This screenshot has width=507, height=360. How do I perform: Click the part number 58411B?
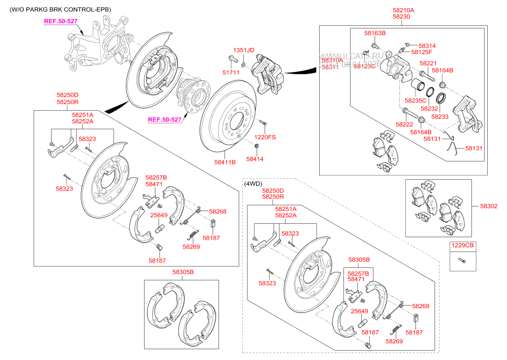click(225, 162)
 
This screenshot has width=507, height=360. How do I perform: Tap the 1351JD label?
click(243, 50)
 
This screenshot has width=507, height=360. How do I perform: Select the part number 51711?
click(231, 72)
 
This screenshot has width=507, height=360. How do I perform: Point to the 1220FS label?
click(265, 137)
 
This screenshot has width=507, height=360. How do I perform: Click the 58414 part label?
click(255, 159)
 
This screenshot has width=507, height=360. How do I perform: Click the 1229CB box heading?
click(462, 245)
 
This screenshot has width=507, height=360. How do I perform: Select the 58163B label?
click(375, 33)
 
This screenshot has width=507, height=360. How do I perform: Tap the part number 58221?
click(428, 63)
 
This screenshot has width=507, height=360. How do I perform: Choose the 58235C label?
click(415, 101)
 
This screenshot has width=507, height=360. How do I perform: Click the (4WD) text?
click(253, 183)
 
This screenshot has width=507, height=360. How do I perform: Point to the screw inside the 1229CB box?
click(462, 259)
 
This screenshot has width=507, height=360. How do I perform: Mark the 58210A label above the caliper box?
click(403, 10)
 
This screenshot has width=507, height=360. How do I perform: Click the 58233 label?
click(439, 116)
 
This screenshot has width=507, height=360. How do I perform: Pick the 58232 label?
click(429, 108)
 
